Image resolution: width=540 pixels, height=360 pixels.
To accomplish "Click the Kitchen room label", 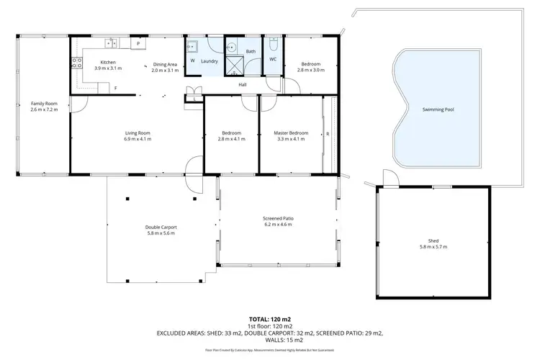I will click(108, 63).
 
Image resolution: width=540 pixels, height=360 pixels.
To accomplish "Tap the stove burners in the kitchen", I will click(76, 63).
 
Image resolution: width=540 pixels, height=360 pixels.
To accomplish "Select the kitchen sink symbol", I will click(111, 42).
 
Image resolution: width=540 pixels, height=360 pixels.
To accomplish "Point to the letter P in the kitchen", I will click(138, 44).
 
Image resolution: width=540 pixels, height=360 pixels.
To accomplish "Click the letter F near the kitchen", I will click(115, 88).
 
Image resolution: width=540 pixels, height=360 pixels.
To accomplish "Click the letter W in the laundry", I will click(192, 61).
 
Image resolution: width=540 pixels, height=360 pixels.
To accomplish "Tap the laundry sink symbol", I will click(193, 47).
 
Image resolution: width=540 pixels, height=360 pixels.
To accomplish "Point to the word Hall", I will click(244, 84).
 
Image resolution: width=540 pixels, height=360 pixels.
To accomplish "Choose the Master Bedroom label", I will click(291, 132).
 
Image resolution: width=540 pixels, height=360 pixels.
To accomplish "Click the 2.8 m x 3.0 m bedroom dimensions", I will click(312, 70).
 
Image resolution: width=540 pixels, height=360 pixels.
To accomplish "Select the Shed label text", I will click(433, 240).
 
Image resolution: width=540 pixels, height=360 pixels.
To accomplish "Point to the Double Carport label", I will click(161, 227).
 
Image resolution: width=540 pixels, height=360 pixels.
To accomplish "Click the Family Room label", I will click(42, 104).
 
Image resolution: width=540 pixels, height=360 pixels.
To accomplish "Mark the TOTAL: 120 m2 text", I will click(270, 318).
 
